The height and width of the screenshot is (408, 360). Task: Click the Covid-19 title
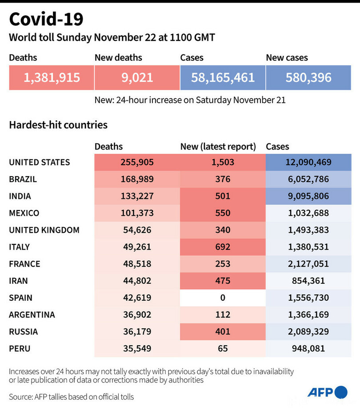pos(46,20)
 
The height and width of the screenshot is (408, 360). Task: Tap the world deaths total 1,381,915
pos(52,78)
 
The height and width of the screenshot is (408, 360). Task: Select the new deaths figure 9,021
pos(137,78)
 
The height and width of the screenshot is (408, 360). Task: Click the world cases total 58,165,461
pos(223,78)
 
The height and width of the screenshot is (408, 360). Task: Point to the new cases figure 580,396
pos(309,78)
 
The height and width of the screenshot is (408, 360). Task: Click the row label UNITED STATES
pos(40,162)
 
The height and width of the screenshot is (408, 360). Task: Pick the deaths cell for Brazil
pos(137,179)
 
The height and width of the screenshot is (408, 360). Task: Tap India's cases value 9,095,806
pos(309,196)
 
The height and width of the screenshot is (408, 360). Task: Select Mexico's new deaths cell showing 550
pos(222,213)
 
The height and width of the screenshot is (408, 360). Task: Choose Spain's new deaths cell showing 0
pos(222,298)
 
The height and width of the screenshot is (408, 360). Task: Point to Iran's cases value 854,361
pos(309,281)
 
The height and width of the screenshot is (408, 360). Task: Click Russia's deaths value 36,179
pos(137,331)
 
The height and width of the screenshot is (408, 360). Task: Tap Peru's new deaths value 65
pos(222,348)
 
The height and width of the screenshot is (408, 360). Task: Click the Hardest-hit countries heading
pos(58,125)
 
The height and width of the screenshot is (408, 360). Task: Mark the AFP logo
pos(327,392)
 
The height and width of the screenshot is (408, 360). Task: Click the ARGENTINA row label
pos(32,315)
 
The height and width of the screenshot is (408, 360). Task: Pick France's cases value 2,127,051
pos(309,264)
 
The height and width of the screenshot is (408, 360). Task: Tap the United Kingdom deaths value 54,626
pos(137,230)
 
